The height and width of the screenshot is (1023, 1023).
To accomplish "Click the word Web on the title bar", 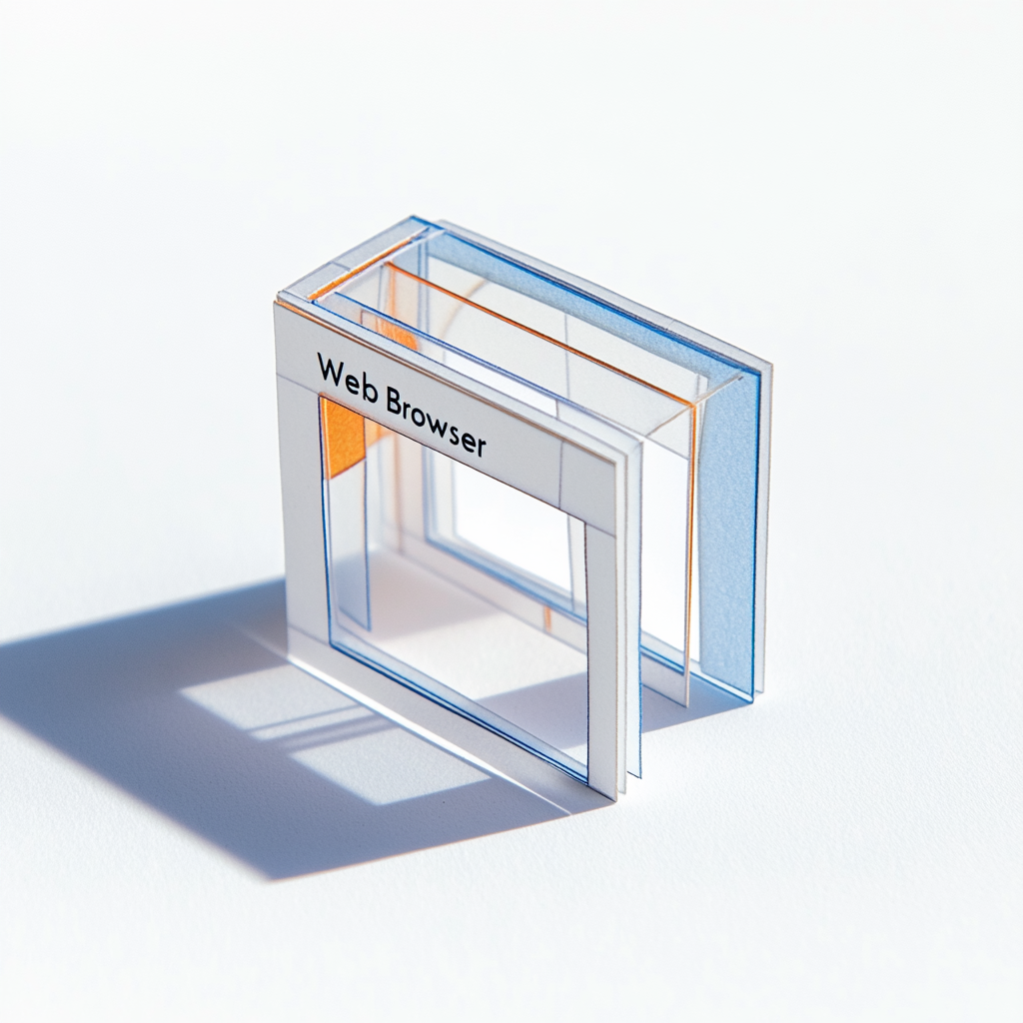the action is click(347, 377).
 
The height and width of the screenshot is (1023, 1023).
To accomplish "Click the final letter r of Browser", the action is click(481, 447).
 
